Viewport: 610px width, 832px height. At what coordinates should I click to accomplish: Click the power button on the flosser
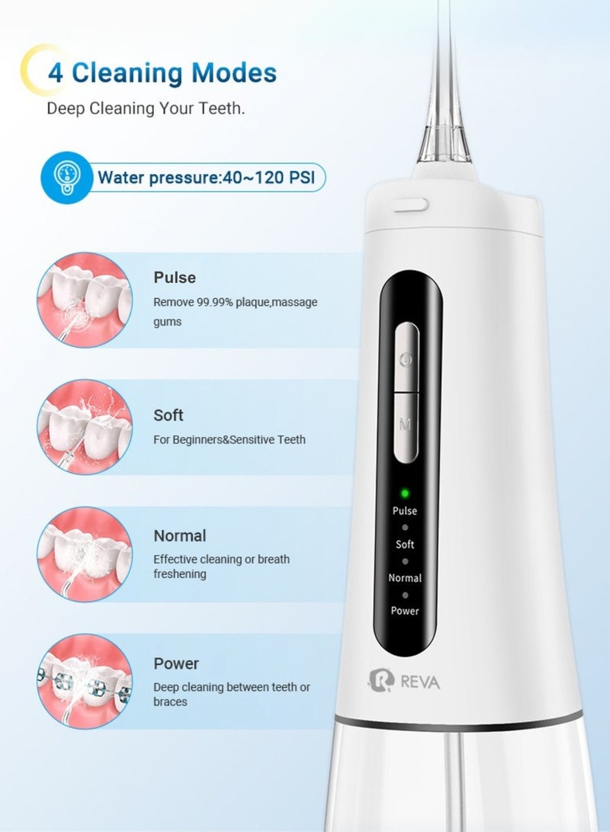tap(407, 357)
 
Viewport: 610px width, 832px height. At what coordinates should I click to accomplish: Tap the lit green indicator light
tap(405, 493)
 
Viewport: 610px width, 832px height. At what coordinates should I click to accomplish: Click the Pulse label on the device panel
tap(405, 511)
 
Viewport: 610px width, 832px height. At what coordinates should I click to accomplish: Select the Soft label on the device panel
tap(405, 544)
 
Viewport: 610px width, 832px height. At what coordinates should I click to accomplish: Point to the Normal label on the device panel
tap(405, 578)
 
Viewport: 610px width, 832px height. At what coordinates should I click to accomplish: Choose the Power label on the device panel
tap(405, 611)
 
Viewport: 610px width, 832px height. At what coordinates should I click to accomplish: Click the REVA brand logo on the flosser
tap(404, 680)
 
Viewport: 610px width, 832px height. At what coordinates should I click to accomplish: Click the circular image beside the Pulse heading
tap(84, 300)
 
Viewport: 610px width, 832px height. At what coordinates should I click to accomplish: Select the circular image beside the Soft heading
tap(84, 427)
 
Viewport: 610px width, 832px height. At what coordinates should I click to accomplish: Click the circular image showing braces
tap(84, 681)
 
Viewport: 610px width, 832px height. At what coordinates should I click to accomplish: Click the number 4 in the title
tap(56, 74)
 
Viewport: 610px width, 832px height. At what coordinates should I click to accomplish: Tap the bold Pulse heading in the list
tap(175, 278)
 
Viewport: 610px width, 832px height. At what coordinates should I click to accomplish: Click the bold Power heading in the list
tap(176, 663)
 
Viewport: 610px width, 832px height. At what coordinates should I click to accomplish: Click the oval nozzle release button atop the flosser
tap(410, 204)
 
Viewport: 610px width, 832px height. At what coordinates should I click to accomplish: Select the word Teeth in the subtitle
tap(220, 108)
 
